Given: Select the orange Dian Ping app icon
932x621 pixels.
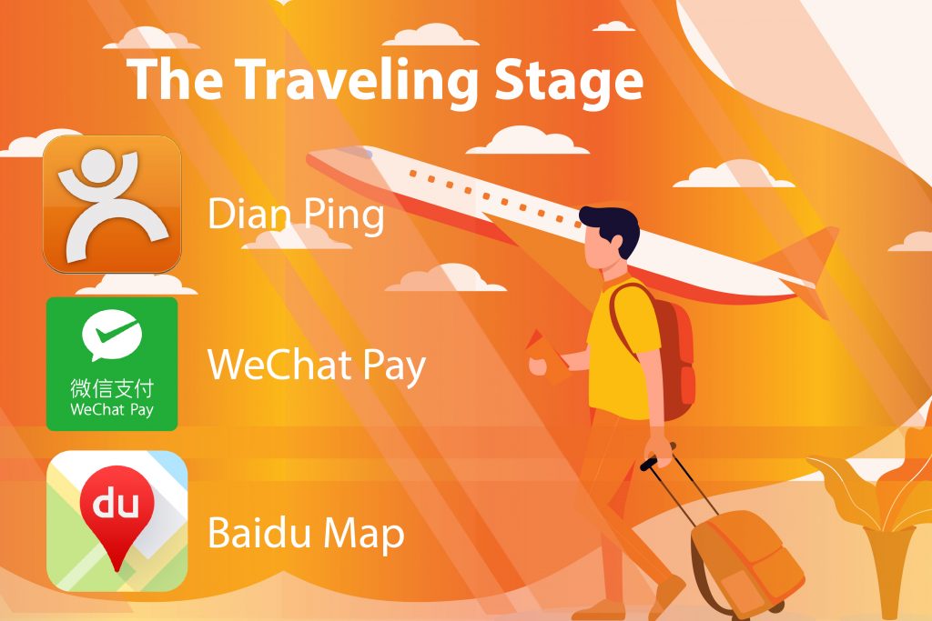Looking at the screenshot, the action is pyautogui.click(x=112, y=205).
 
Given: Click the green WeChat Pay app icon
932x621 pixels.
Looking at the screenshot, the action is pyautogui.click(x=112, y=364).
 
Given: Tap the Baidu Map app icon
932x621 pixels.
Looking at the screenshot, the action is pyautogui.click(x=117, y=521).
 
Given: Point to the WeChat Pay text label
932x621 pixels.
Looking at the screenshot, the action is pyautogui.click(x=316, y=366).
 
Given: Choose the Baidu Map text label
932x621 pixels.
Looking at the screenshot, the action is pyautogui.click(x=306, y=533).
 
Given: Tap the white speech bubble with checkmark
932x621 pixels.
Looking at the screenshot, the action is pyautogui.click(x=112, y=335).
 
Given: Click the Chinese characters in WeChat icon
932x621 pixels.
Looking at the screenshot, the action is pyautogui.click(x=112, y=388).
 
